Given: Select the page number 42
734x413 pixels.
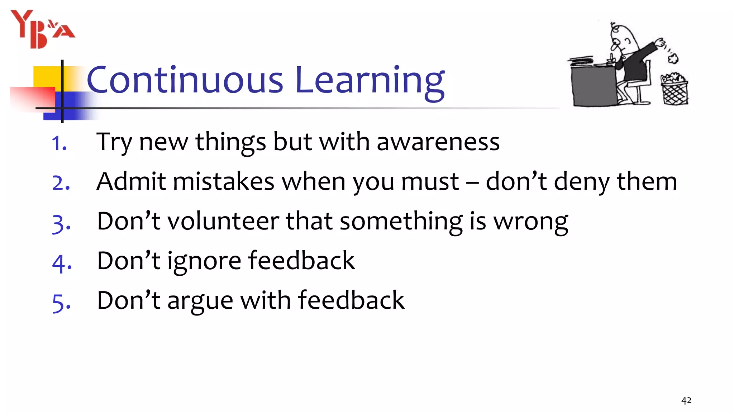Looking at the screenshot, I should [686, 400].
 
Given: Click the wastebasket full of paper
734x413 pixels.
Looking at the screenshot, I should [674, 90].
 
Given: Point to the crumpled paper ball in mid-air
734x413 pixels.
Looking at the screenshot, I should [673, 58].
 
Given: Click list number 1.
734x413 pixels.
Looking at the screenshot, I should [59, 143].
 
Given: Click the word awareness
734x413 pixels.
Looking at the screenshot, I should [438, 142].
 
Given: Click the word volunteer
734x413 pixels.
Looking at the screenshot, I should [223, 221].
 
